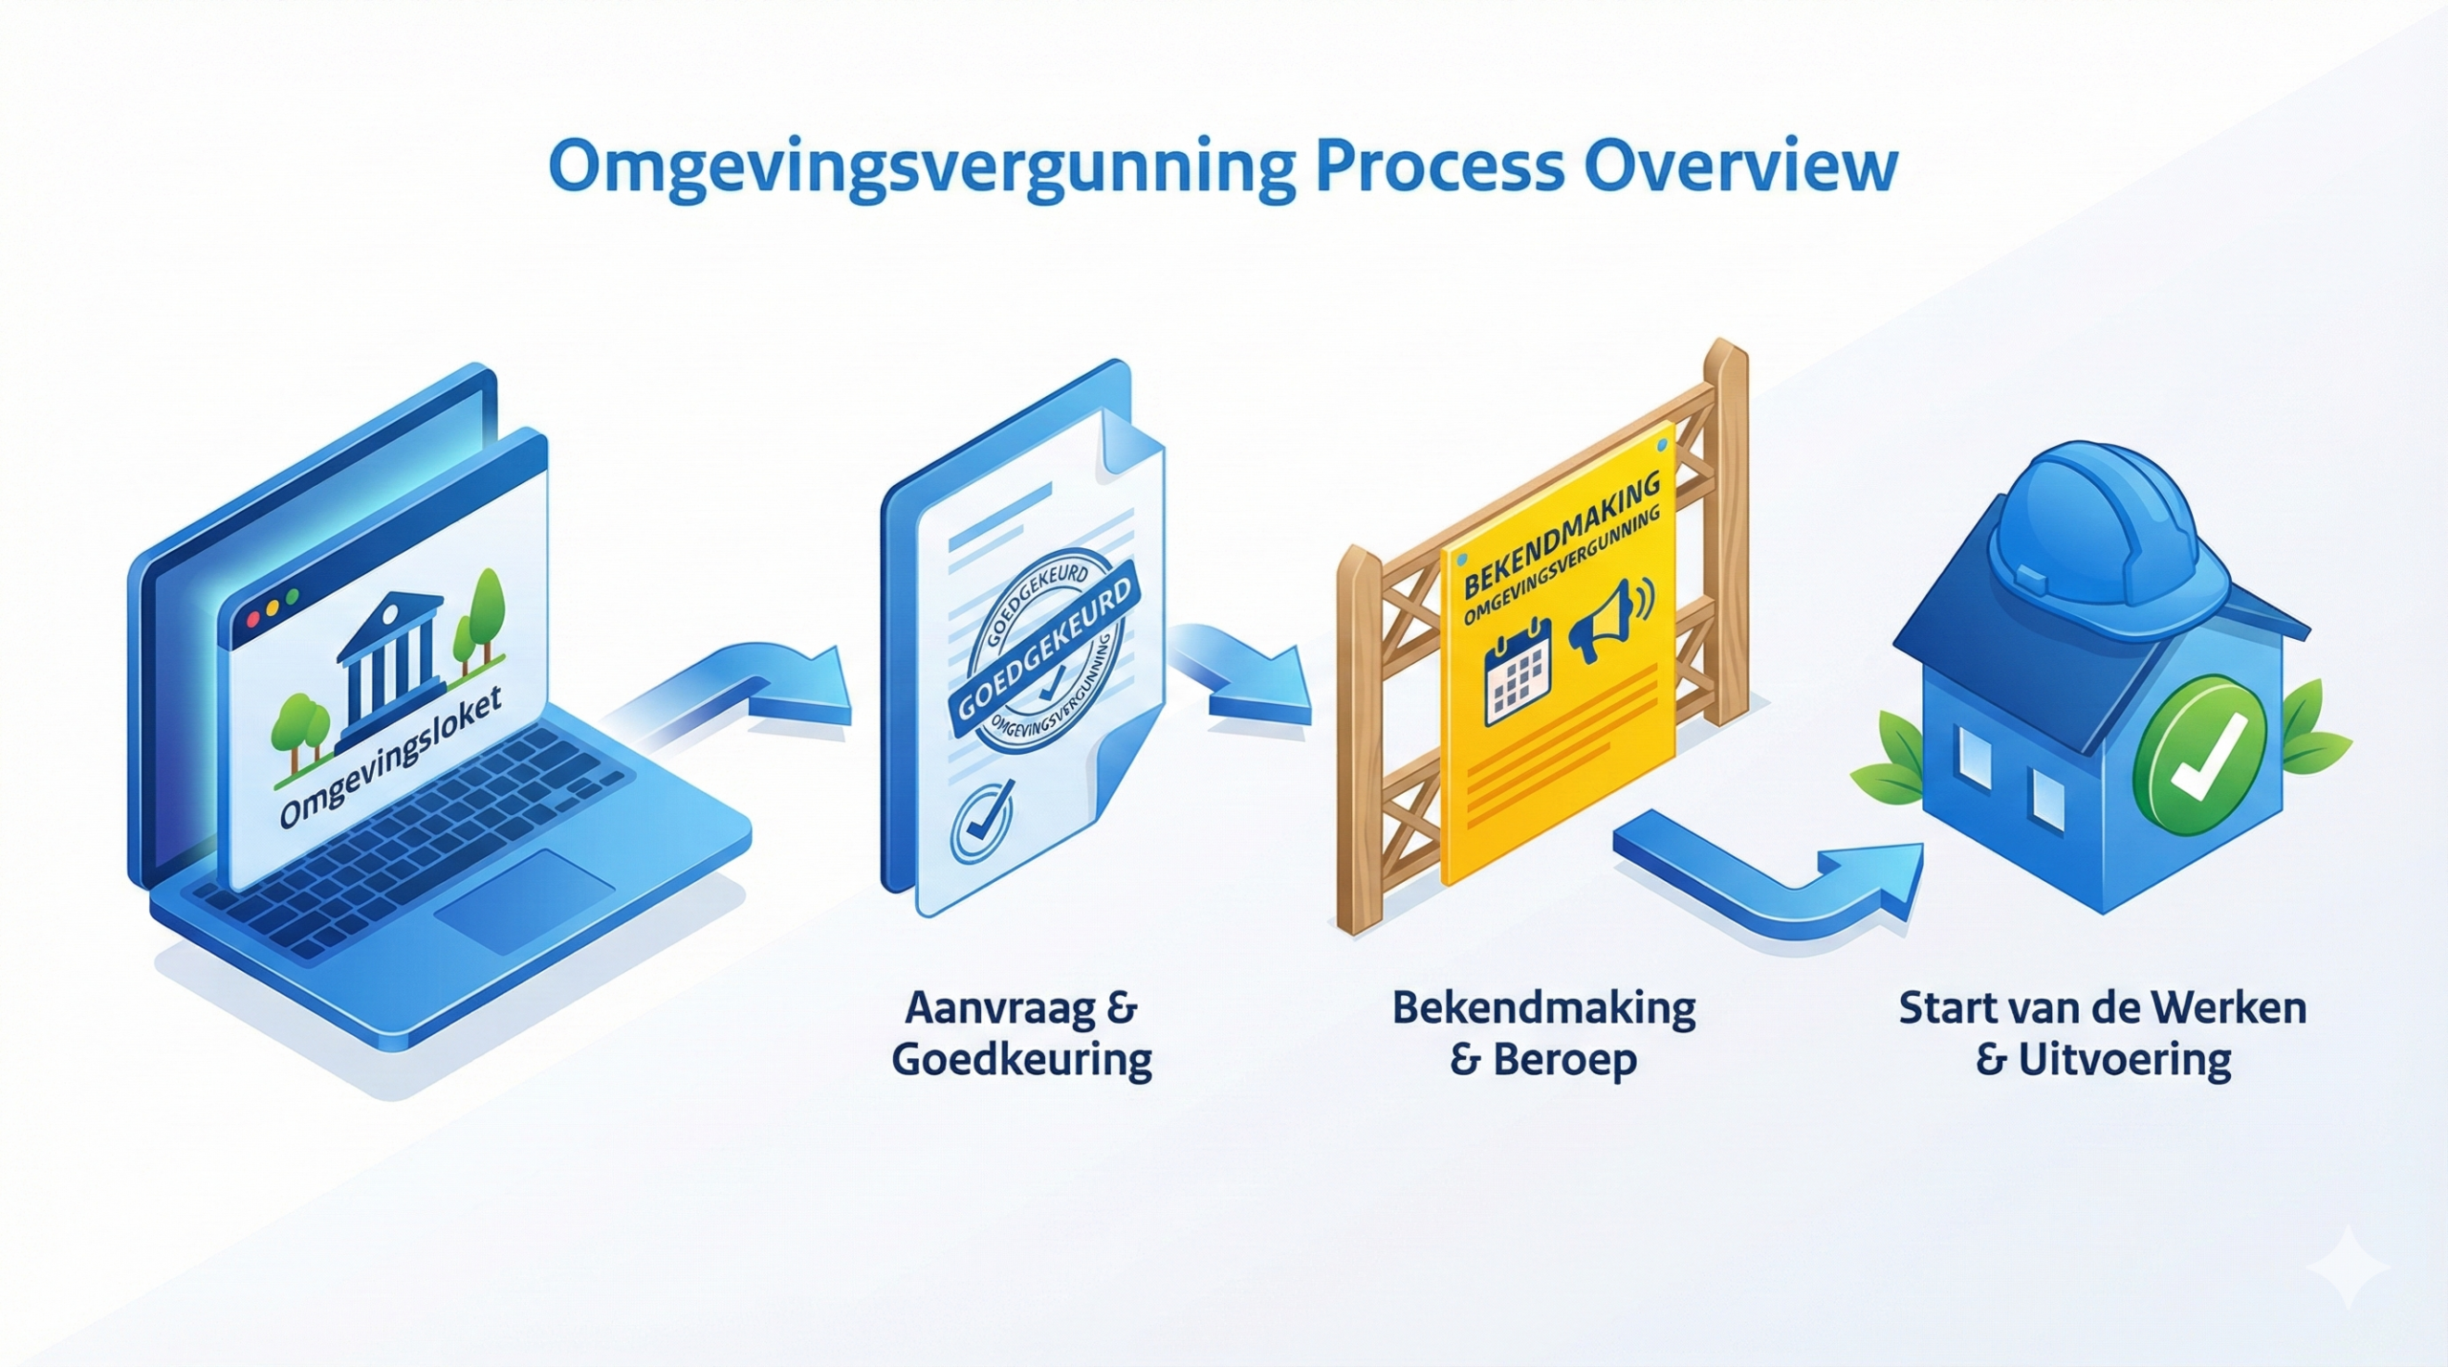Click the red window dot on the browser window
pyautogui.click(x=253, y=619)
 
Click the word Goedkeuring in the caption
pyautogui.click(x=1022, y=1061)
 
